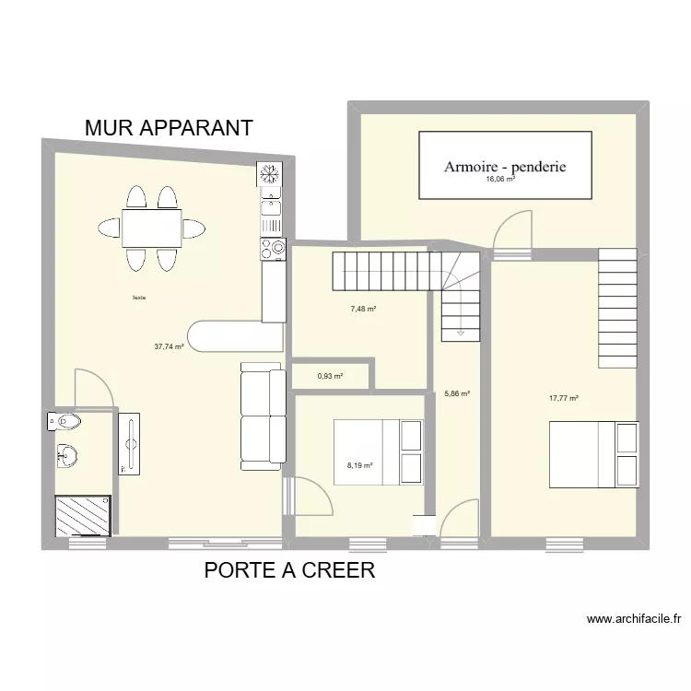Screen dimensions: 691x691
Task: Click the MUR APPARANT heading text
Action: pos(169,128)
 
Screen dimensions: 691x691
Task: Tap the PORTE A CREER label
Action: pos(289,570)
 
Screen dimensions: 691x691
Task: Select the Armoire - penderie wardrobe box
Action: pos(504,165)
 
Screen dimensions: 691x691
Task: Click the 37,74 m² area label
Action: pos(169,347)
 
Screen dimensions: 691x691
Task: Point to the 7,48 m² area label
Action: pos(363,309)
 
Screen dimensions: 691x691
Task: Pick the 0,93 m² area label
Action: pos(330,376)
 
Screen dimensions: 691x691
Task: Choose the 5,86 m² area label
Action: pos(457,393)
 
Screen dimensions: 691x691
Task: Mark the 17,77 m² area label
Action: pos(563,398)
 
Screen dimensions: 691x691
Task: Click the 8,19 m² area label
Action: pos(359,465)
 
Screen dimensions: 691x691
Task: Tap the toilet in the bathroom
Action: pos(65,422)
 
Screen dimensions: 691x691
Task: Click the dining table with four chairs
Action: pos(152,228)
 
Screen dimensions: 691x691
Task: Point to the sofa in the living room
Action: pos(263,415)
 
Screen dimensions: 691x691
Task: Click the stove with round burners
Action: pos(274,247)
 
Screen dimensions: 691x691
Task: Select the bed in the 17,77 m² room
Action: pos(594,453)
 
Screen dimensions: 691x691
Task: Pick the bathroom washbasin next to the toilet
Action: pos(66,454)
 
